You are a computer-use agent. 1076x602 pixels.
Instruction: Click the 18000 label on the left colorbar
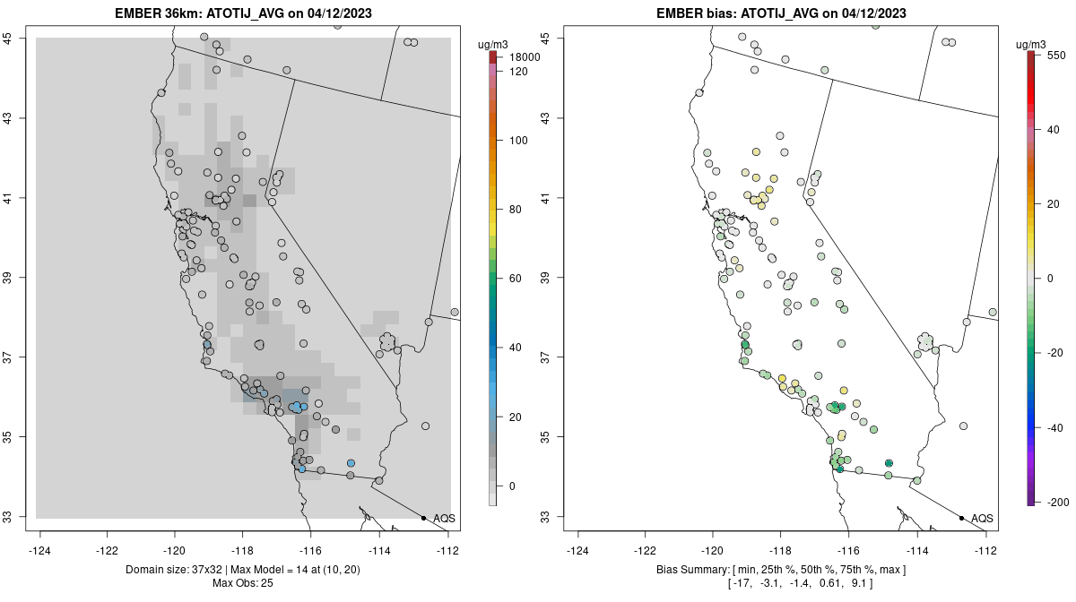(x=525, y=57)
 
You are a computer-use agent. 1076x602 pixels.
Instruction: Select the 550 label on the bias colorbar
(x=1056, y=55)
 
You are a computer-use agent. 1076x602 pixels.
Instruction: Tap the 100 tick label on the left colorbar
(x=518, y=141)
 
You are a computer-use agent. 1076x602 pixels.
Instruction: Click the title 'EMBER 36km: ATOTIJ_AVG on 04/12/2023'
(x=243, y=13)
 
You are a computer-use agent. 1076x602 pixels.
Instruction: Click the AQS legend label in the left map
(x=444, y=519)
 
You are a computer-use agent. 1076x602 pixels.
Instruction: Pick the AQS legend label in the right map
(x=982, y=519)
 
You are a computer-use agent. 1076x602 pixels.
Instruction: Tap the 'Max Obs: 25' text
(x=243, y=583)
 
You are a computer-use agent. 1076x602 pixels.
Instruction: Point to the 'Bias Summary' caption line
(x=782, y=570)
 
